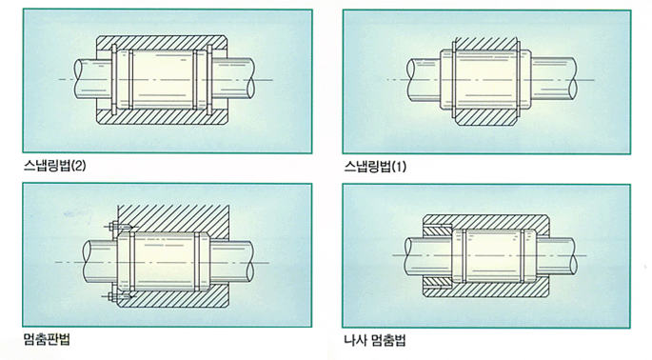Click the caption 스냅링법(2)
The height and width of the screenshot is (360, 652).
pos(55,166)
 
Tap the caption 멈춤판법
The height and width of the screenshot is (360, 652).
pos(47,339)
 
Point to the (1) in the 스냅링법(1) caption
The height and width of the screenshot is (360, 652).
pos(399,167)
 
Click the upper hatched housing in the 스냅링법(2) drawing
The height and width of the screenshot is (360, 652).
pos(162,43)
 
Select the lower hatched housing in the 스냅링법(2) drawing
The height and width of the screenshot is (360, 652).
pos(162,116)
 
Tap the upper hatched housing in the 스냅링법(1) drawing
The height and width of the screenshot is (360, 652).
pos(484,44)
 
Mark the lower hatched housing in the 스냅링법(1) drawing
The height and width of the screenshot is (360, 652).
pos(484,117)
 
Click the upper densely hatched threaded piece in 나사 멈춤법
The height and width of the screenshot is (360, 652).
pos(438,230)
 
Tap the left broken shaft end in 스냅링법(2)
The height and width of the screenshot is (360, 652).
pos(79,79)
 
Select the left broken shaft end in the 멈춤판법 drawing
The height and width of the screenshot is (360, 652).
pos(89,262)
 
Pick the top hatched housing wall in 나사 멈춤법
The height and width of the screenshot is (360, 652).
pos(486,221)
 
